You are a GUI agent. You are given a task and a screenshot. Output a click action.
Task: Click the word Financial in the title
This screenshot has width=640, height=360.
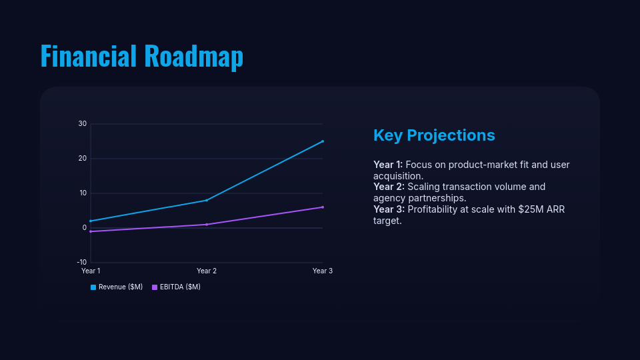tap(89, 56)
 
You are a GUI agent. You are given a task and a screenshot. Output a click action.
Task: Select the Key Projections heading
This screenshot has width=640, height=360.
tap(434, 135)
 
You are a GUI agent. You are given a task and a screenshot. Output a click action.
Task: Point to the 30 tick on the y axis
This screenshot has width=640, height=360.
tap(83, 124)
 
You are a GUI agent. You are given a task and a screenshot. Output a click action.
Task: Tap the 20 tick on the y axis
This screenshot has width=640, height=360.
tap(83, 159)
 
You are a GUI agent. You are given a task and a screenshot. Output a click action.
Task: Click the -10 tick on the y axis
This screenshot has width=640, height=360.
tap(81, 263)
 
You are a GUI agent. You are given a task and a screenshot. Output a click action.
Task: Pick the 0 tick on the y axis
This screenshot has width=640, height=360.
tap(85, 228)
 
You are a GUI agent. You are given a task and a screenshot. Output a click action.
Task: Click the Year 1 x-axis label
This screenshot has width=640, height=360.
tap(91, 271)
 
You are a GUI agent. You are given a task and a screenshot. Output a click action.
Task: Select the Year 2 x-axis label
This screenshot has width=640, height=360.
tap(207, 271)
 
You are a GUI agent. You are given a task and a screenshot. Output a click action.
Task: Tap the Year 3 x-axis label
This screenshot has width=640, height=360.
tap(323, 271)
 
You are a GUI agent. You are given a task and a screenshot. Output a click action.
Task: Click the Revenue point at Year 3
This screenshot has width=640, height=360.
tap(323, 141)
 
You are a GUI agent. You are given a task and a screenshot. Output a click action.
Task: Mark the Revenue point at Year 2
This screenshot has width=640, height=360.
tap(207, 200)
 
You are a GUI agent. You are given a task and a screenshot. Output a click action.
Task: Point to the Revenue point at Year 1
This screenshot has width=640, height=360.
tap(91, 221)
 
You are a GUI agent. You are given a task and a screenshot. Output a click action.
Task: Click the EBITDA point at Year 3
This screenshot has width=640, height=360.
tap(323, 207)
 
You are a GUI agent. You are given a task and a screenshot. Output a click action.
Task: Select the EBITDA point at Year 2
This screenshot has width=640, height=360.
tap(207, 224)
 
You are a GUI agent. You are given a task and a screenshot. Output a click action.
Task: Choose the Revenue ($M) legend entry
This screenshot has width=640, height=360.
tap(117, 287)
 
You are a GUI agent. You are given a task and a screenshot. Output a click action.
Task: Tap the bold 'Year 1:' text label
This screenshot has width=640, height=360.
tap(388, 165)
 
